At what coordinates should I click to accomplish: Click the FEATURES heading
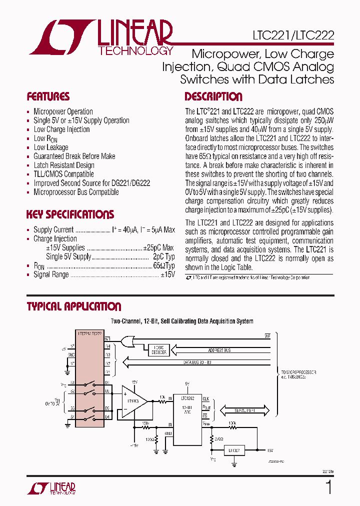pos(48,97)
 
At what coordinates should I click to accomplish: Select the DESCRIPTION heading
pos(213,97)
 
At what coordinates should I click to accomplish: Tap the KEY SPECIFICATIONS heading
pos(70,214)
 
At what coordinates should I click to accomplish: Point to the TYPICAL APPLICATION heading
pos(74,306)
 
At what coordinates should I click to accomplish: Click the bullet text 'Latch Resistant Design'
pos(64,165)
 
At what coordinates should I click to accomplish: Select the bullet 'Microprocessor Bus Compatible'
pos(76,192)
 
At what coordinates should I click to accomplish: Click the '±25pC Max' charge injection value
pos(158,248)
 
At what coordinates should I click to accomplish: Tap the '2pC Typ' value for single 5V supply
pos(163,257)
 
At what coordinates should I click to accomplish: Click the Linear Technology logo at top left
pos(100,37)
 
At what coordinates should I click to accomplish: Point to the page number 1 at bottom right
pos(328,487)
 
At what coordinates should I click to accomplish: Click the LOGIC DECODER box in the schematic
pos(159,350)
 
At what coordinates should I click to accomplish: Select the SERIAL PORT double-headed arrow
pos(245,410)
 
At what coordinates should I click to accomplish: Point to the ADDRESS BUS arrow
pos(220,350)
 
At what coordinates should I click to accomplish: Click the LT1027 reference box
pos(235,450)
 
